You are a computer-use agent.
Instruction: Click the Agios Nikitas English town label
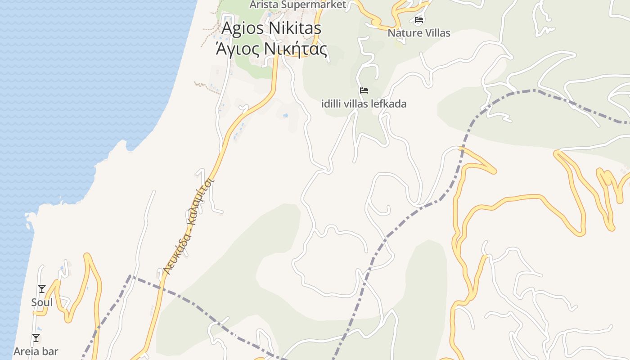click(271, 28)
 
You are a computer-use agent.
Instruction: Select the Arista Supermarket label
click(298, 4)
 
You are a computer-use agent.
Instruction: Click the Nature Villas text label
click(419, 33)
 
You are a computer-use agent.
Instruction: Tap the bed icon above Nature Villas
click(419, 19)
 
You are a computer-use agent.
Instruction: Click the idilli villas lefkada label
click(364, 104)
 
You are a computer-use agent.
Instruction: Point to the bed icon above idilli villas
click(364, 90)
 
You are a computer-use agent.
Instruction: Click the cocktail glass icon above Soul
click(42, 288)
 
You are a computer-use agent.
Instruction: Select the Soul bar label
click(42, 302)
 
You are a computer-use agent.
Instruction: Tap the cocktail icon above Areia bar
click(36, 337)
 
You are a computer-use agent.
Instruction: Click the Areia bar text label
click(36, 351)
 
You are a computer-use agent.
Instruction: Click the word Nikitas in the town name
click(295, 28)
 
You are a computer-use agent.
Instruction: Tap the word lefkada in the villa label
click(389, 104)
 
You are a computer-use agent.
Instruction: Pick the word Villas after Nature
click(436, 33)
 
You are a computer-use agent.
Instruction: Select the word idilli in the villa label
click(332, 104)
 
